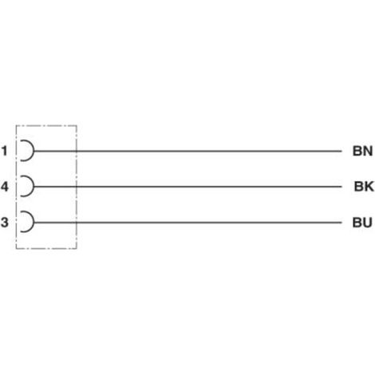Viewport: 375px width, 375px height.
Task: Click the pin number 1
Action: [x=5, y=151]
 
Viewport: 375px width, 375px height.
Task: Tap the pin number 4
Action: [x=5, y=187]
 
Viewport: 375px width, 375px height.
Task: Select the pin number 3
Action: [x=5, y=222]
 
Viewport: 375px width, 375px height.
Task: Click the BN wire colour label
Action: [x=362, y=151]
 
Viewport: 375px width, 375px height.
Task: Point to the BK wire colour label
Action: [x=364, y=187]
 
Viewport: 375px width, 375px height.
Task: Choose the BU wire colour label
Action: [x=362, y=223]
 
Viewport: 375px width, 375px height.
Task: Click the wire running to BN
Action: [x=187, y=151]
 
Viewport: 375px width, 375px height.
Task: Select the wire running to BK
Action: [x=187, y=187]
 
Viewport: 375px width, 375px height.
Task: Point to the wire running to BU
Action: [x=187, y=223]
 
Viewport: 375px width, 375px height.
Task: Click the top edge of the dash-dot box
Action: [x=46, y=125]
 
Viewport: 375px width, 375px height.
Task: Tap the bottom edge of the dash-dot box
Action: [x=46, y=249]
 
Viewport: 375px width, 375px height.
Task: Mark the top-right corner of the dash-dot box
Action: [x=77, y=125]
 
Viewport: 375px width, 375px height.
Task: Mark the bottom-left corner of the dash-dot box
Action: [x=16, y=249]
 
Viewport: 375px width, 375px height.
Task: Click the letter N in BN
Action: [x=368, y=151]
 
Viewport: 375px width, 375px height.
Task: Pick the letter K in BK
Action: [x=369, y=187]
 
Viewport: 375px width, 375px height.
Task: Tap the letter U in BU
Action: [x=368, y=223]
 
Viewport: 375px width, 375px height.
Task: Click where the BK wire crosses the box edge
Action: [x=77, y=187]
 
